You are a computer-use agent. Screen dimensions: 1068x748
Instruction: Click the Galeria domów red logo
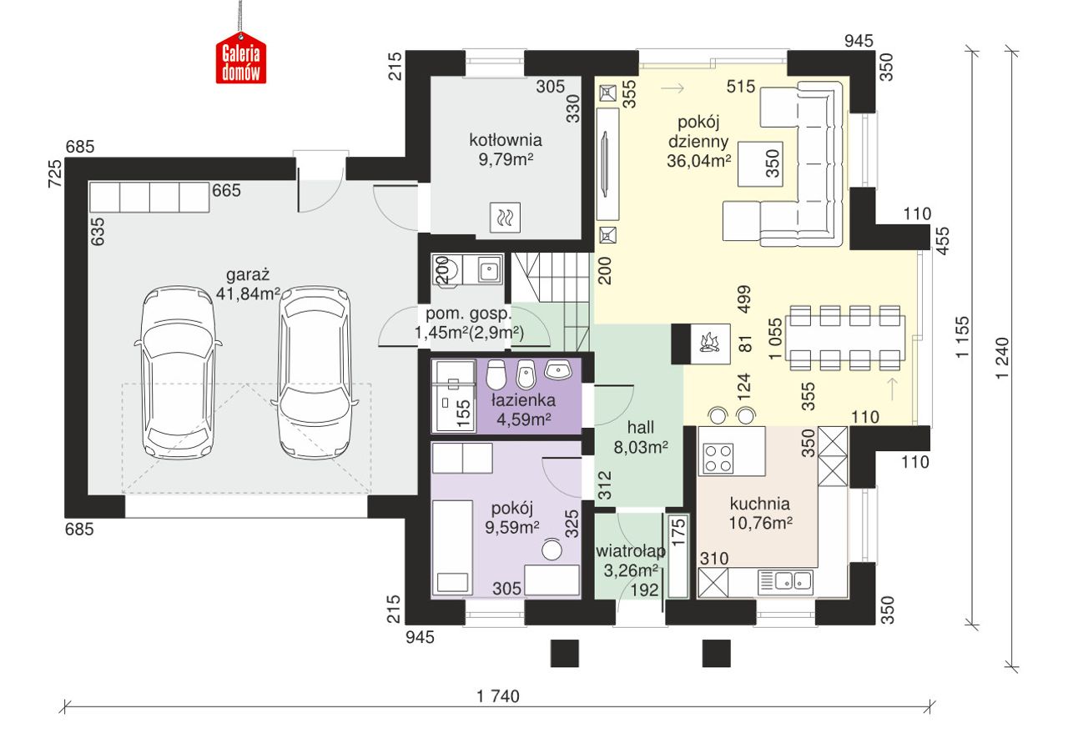coord(241,59)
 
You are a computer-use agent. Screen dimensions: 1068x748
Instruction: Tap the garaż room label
coord(248,275)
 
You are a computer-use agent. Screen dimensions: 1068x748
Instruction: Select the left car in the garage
coord(179,372)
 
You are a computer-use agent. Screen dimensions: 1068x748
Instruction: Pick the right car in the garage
coord(315,372)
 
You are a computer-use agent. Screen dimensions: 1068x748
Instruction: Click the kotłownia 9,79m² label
coord(506,149)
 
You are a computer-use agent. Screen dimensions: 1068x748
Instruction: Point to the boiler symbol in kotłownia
coord(505,218)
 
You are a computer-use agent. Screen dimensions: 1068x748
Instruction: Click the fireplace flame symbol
coord(710,343)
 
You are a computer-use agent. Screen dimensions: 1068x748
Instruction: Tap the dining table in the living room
coord(845,338)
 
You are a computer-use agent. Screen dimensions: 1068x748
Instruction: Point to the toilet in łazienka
coord(496,375)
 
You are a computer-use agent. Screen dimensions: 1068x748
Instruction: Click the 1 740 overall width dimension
coord(498,696)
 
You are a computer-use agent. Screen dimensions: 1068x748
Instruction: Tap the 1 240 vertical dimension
coord(1003,358)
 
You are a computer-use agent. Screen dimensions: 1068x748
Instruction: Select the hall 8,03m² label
coord(640,437)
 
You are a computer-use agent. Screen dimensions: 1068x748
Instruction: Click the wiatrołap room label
coord(630,551)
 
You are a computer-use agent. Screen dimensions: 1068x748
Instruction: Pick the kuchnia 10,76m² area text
coord(760,523)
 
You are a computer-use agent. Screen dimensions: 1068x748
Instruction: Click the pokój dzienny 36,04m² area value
coord(698,161)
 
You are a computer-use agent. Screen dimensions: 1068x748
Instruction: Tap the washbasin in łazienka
coord(558,370)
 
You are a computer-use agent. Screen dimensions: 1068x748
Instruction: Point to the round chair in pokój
coord(552,550)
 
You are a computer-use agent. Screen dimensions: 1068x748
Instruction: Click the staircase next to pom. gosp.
coord(552,301)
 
